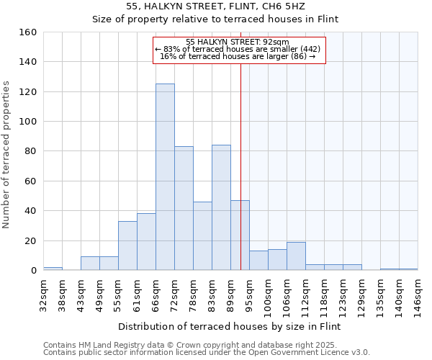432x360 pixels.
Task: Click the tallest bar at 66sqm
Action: (x=165, y=177)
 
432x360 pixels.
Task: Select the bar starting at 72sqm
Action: (x=184, y=208)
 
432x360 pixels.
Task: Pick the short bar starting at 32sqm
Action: (x=53, y=269)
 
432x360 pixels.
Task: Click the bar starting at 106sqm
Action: (x=296, y=256)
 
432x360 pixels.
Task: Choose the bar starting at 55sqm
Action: (x=127, y=246)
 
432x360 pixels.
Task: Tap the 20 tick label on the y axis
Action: (x=30, y=240)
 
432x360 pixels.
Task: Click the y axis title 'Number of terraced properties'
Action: (x=7, y=155)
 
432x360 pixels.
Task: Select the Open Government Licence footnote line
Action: (x=207, y=353)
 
